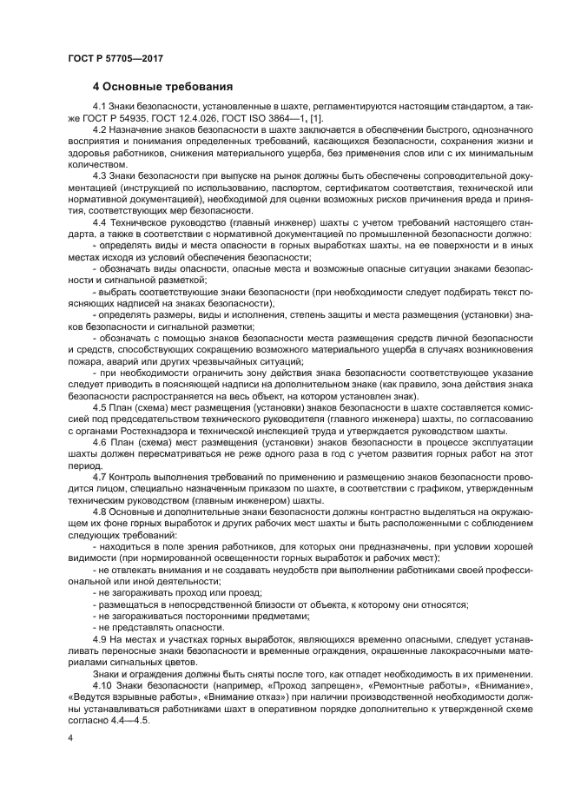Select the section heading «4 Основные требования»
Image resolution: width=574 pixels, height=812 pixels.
point(162,87)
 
